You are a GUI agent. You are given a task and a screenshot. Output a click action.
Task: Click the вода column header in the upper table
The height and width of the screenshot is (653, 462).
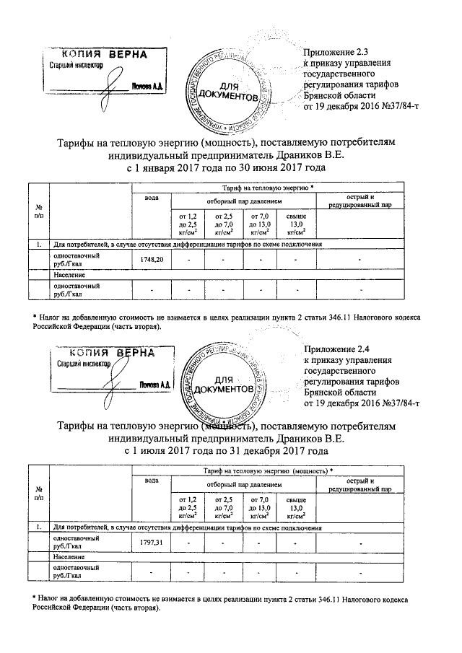pyautogui.click(x=152, y=198)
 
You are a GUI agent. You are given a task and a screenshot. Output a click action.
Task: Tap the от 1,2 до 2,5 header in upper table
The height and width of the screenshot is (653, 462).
pyautogui.click(x=187, y=224)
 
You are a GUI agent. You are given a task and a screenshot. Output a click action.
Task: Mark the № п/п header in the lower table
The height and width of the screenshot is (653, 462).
pyautogui.click(x=38, y=494)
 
